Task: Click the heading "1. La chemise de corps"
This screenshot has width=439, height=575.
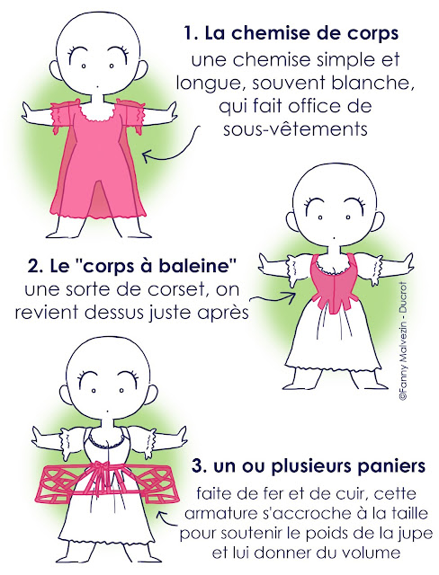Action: pos(291,33)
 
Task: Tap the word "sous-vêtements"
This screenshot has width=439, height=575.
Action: pos(295,128)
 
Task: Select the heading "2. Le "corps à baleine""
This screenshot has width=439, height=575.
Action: pos(131,267)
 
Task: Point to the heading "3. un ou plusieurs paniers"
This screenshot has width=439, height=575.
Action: pos(309,466)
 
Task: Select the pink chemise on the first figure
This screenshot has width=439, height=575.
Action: pos(97,162)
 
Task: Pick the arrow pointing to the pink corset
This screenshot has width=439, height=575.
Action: pos(274,296)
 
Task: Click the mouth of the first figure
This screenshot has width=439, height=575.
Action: pos(96,86)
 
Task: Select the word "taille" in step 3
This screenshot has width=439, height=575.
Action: pos(409,513)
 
